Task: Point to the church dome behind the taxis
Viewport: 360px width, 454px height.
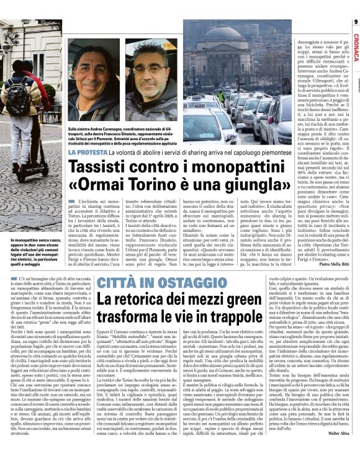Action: click(x=228, y=42)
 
